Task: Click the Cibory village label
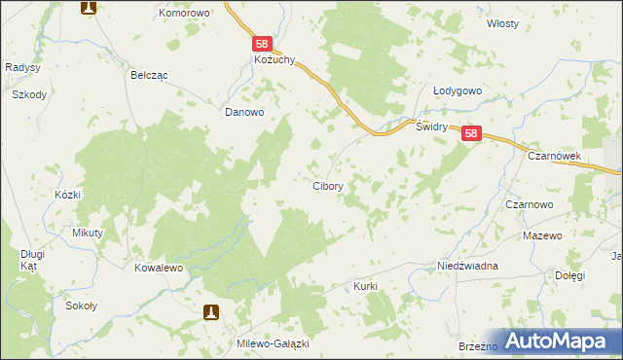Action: (x=326, y=185)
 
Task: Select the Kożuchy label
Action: (x=263, y=60)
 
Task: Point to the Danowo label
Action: (x=244, y=112)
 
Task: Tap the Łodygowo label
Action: (x=458, y=90)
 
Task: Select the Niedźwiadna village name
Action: (x=468, y=266)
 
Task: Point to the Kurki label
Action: (x=365, y=287)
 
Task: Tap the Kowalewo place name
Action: (x=160, y=267)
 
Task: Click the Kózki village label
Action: (x=67, y=195)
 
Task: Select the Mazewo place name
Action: (x=542, y=236)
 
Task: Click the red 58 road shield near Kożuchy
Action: (x=262, y=44)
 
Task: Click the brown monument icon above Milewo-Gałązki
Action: (x=211, y=312)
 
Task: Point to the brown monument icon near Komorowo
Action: (x=88, y=8)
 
